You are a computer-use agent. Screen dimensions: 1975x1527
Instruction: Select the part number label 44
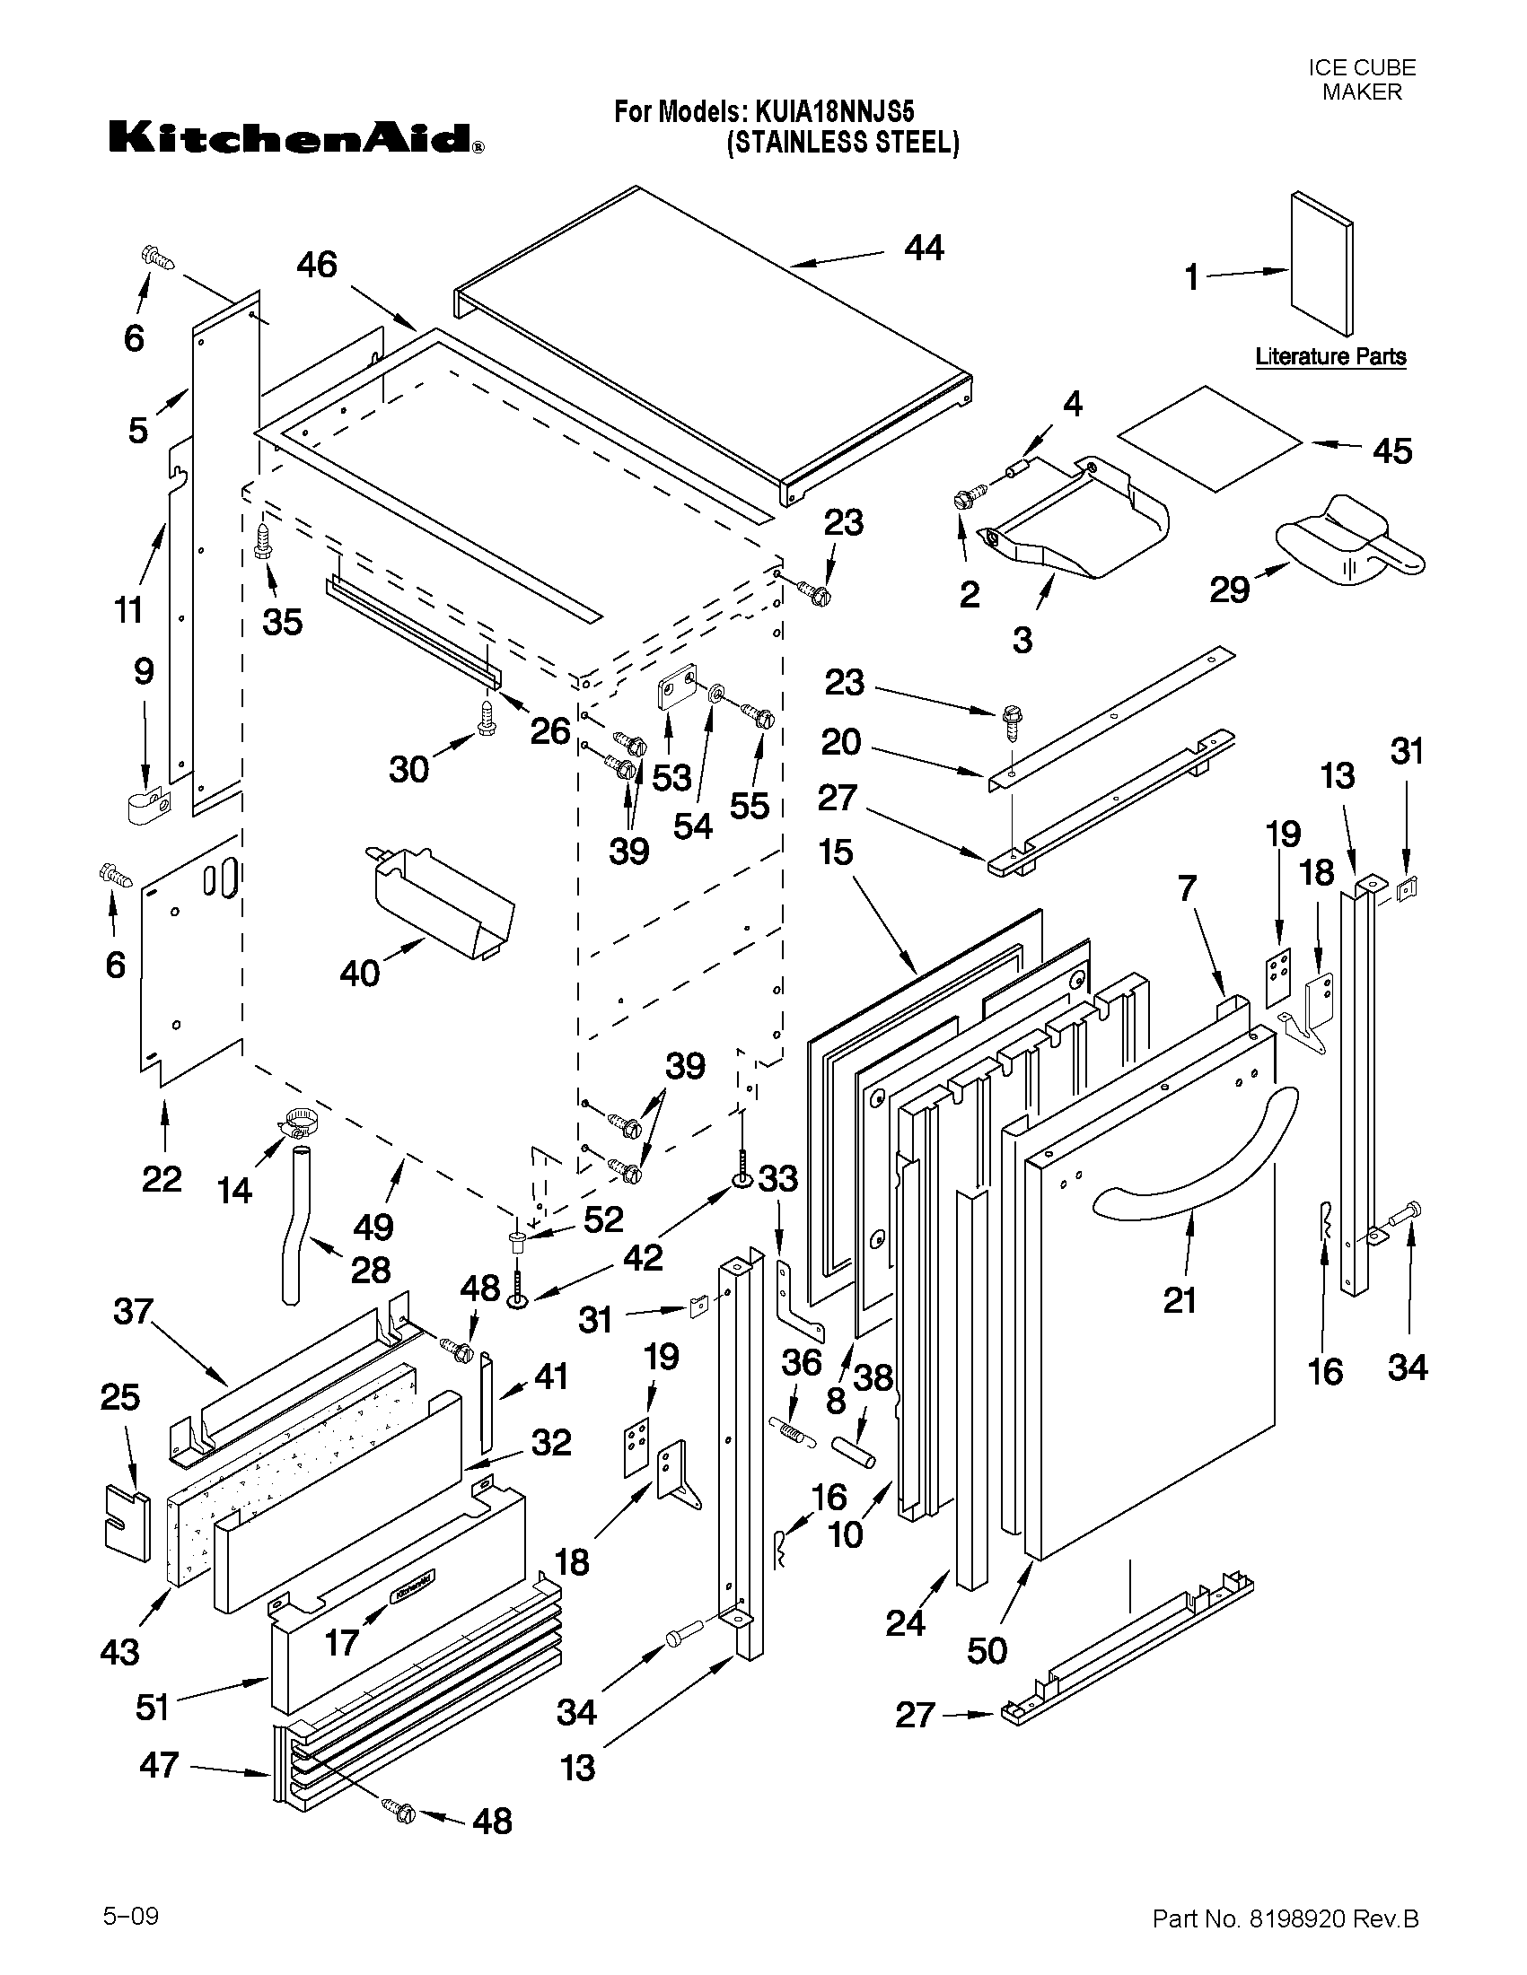924,248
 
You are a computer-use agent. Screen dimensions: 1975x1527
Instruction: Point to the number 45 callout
1392,450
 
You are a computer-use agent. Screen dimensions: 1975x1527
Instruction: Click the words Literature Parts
1330,356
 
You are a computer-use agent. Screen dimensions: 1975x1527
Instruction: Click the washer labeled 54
714,694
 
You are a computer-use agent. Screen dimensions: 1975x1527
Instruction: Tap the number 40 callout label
359,973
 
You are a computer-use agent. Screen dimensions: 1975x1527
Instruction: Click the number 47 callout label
159,1764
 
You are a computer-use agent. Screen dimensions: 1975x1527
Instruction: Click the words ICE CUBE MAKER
1361,80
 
